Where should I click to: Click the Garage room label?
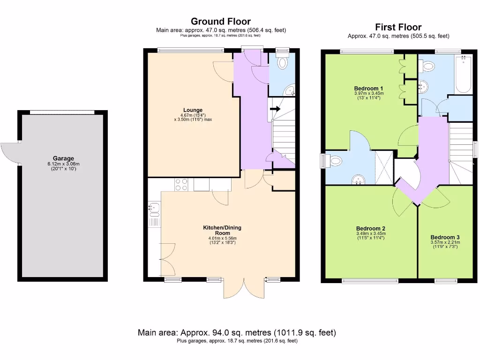coord(63,158)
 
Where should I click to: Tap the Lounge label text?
coord(193,110)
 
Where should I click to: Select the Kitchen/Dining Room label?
coord(222,230)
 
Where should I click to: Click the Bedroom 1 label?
coord(368,89)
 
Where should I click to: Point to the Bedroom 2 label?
coord(371,228)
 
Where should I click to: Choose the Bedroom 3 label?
coord(445,237)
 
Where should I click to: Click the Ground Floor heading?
coord(221,22)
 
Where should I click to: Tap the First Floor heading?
coord(398,27)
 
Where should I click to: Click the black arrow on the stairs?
coord(275,109)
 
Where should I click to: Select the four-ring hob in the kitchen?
coord(181,184)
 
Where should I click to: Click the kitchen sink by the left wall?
coord(154,210)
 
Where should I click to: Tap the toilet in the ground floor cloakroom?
coord(282,62)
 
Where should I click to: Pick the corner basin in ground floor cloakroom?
coord(290,90)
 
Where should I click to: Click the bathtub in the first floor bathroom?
coord(463,74)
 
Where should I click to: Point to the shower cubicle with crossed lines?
coord(384,168)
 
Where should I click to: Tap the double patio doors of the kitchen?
coord(244,288)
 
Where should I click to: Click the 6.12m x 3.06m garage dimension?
coord(63,164)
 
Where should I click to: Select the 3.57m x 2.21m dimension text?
coord(445,242)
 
